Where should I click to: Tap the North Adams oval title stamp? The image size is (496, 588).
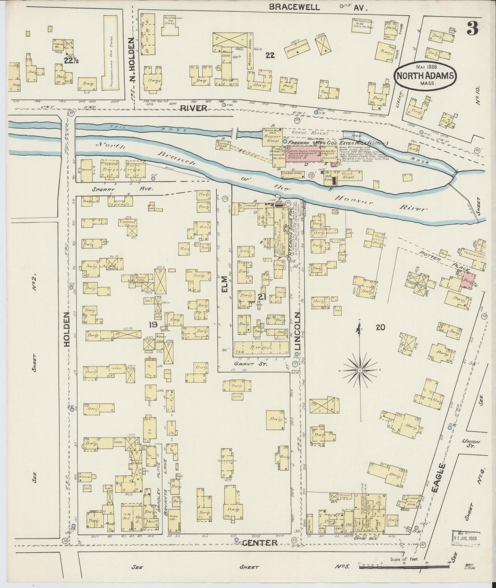pyautogui.click(x=426, y=76)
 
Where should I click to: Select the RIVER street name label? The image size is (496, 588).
pyautogui.click(x=194, y=108)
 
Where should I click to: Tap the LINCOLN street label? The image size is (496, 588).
pyautogui.click(x=298, y=331)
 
